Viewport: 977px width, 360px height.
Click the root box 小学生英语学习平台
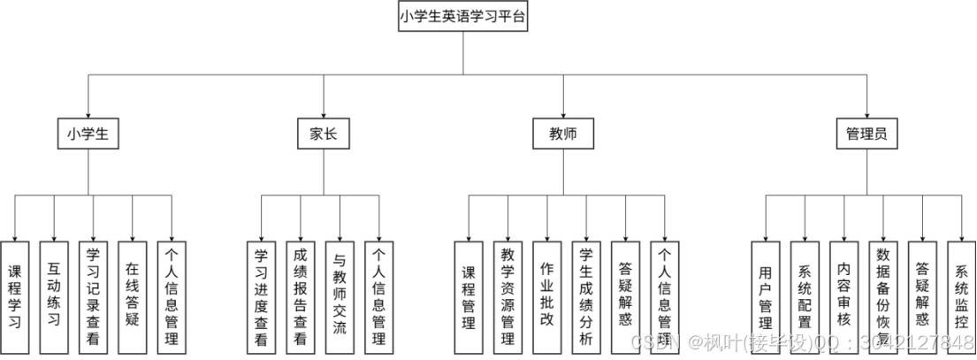tap(462, 17)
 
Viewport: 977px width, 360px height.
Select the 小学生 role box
tap(88, 134)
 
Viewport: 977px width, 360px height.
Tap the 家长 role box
tap(323, 134)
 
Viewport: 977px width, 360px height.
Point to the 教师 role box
tap(563, 134)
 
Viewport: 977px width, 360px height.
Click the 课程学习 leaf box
tap(15, 296)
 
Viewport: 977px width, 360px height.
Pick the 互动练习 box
tap(54, 296)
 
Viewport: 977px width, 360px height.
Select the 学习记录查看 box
tap(93, 296)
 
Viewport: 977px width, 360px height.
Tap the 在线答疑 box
tap(132, 296)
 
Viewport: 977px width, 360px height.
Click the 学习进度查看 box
tap(261, 296)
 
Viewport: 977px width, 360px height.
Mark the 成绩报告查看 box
tap(301, 296)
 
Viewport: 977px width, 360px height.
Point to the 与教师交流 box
tap(340, 296)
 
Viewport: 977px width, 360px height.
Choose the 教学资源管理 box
tap(508, 296)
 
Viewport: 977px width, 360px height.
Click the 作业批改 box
tap(546, 296)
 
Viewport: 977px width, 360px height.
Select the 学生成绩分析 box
tap(585, 296)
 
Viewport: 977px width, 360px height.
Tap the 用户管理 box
tap(766, 296)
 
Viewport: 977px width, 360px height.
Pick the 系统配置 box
tap(805, 296)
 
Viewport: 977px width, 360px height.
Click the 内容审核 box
tap(843, 296)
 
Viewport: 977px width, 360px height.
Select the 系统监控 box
tap(961, 296)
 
